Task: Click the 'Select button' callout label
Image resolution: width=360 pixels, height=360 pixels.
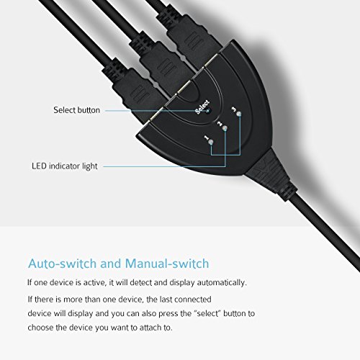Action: click(76, 110)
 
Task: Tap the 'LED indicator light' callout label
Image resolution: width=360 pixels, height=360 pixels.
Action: click(65, 166)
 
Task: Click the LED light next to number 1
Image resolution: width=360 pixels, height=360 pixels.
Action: click(211, 143)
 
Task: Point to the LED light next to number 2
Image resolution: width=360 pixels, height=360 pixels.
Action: click(225, 129)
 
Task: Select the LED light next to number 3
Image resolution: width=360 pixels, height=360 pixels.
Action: click(238, 114)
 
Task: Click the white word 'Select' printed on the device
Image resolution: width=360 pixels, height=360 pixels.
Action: click(202, 107)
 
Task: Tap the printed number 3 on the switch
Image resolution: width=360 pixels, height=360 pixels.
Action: click(234, 109)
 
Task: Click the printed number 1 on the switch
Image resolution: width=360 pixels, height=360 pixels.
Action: click(207, 138)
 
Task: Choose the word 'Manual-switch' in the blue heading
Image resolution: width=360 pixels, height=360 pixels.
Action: click(167, 264)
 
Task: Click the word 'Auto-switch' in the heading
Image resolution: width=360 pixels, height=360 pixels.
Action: click(63, 264)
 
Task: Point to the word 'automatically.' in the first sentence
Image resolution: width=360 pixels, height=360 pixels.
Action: click(222, 283)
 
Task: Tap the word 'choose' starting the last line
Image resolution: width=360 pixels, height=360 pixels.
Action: click(40, 328)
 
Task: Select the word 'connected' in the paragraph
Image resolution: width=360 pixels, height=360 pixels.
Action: click(193, 300)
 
